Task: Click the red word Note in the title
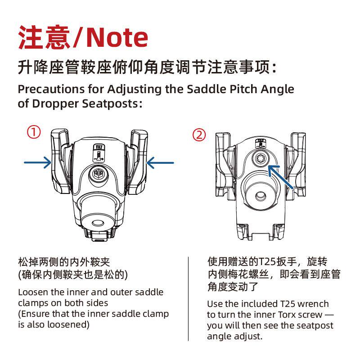[117, 37]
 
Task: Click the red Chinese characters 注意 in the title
[44, 37]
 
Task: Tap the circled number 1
[34, 132]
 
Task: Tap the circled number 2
[199, 135]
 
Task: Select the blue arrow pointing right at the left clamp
[38, 162]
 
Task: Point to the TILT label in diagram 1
[99, 147]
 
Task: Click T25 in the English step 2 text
[288, 305]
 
